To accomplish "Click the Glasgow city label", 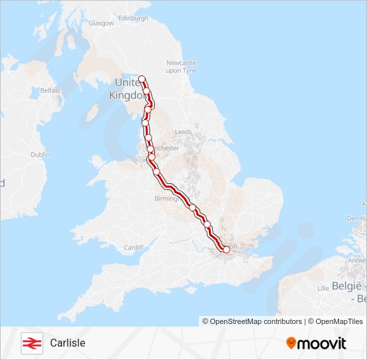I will pos(101,23).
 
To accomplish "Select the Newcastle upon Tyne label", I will pos(181,66).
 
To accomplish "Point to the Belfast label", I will pos(50,90).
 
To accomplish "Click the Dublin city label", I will pos(40,154).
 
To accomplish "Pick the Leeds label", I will pos(183,132).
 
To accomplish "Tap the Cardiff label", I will pos(133,247).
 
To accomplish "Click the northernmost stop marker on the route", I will pos(142,79).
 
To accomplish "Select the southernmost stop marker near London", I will pos(226,249).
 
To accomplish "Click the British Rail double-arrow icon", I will pos(31,343).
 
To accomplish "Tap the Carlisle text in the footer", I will pos(67,343).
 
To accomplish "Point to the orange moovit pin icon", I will pos(291,343).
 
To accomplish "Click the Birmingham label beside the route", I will pos(165,199).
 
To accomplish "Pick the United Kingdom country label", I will pos(128,88).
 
